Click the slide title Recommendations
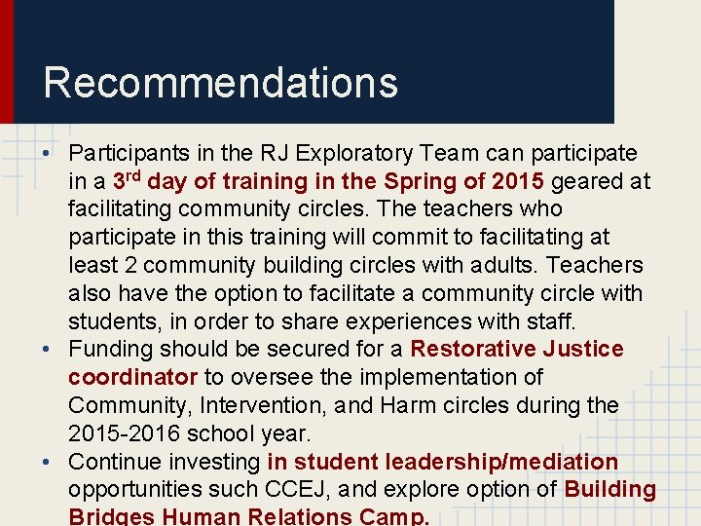[x=220, y=83]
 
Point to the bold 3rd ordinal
[x=127, y=180]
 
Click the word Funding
[x=109, y=349]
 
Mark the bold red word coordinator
[x=133, y=377]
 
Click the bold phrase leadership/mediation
[x=501, y=461]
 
